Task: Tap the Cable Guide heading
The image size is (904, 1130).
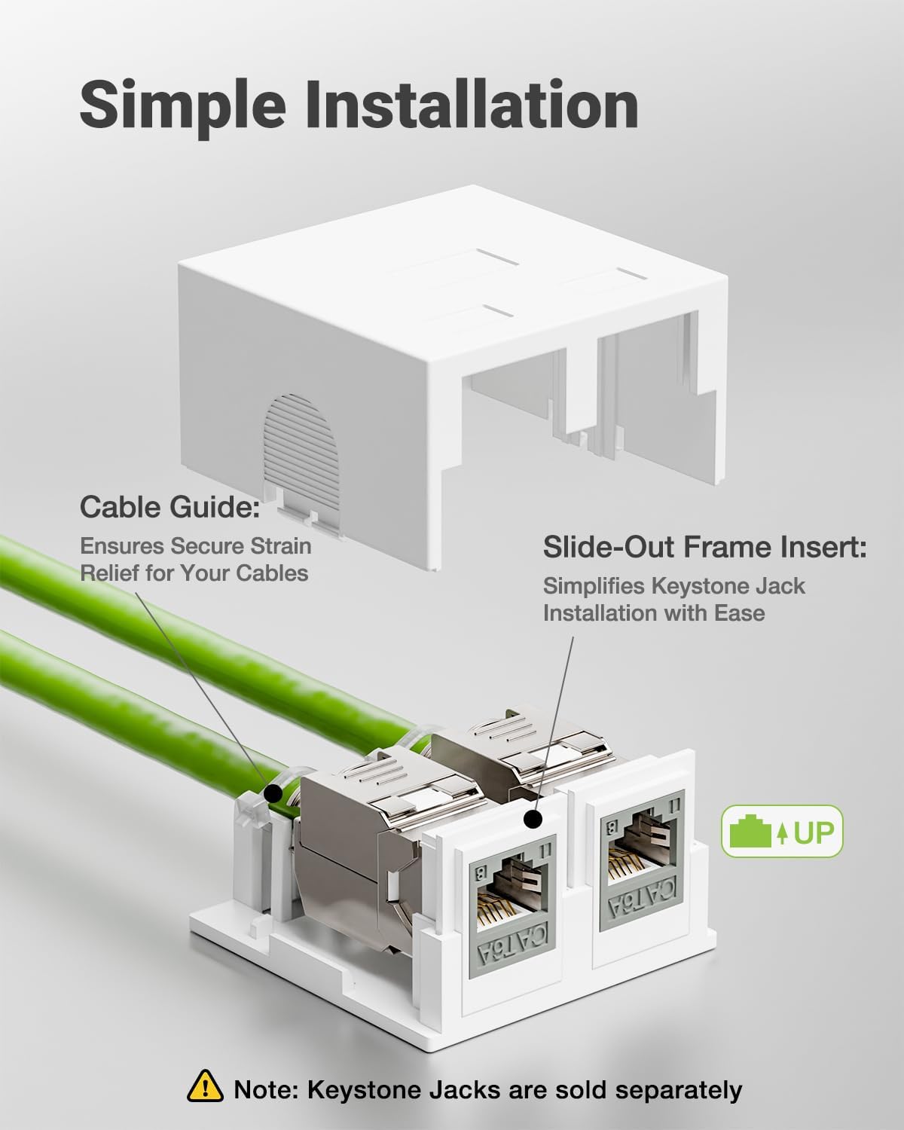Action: (169, 507)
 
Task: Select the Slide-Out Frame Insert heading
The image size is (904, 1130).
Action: (704, 548)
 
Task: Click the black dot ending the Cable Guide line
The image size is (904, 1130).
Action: (273, 793)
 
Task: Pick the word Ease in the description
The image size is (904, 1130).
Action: (739, 613)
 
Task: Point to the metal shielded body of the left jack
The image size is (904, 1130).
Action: (354, 851)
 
